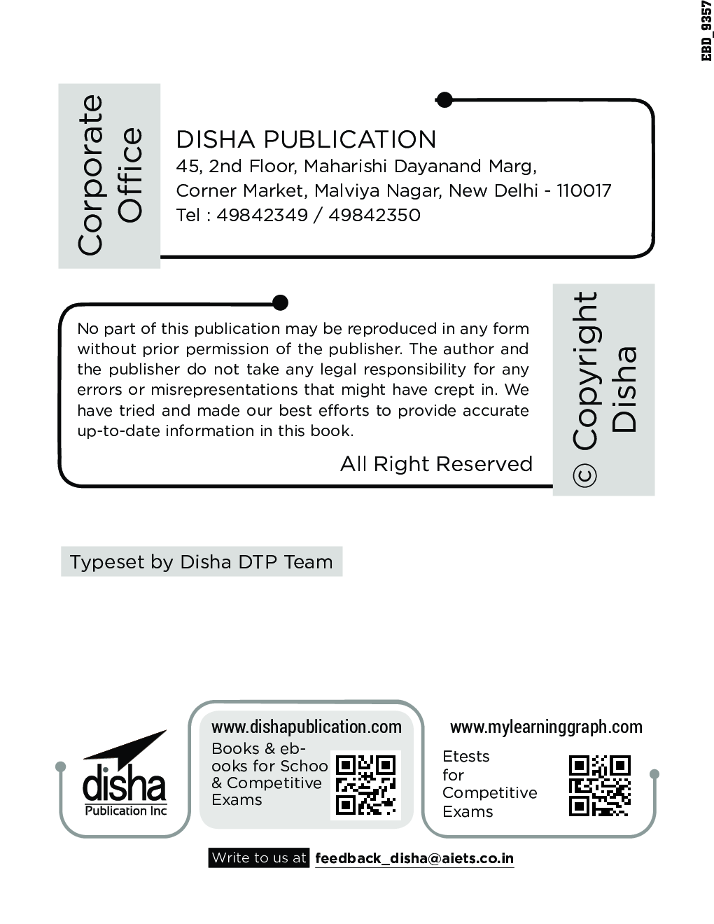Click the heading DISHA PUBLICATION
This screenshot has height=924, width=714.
point(306,139)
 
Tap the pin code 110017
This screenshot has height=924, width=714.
point(584,190)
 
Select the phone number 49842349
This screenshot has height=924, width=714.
point(262,215)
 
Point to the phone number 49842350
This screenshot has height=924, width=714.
point(374,215)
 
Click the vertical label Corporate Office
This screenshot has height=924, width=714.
point(109,175)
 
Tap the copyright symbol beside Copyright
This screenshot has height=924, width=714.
point(584,475)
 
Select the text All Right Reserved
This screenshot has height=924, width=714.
point(436,464)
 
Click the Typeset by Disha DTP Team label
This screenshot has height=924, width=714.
point(202,562)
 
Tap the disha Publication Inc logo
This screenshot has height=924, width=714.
point(125,776)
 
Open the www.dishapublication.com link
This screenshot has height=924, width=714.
point(307,727)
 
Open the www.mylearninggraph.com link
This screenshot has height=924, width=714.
point(546,727)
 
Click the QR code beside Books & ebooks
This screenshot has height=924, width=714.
point(365,785)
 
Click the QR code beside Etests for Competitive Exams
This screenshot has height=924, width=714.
point(599,786)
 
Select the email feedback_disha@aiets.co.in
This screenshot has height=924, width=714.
point(414,858)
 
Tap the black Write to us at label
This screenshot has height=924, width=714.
point(259,858)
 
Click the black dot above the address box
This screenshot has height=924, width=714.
point(444,100)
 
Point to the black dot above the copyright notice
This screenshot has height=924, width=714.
point(279,303)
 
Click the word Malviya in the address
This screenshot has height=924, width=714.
point(342,190)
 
